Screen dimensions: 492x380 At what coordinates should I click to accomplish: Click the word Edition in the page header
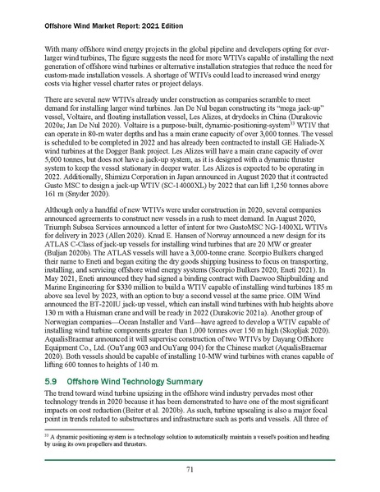pos(144,11)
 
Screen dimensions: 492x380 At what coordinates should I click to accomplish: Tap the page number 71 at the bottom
pos(190,469)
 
